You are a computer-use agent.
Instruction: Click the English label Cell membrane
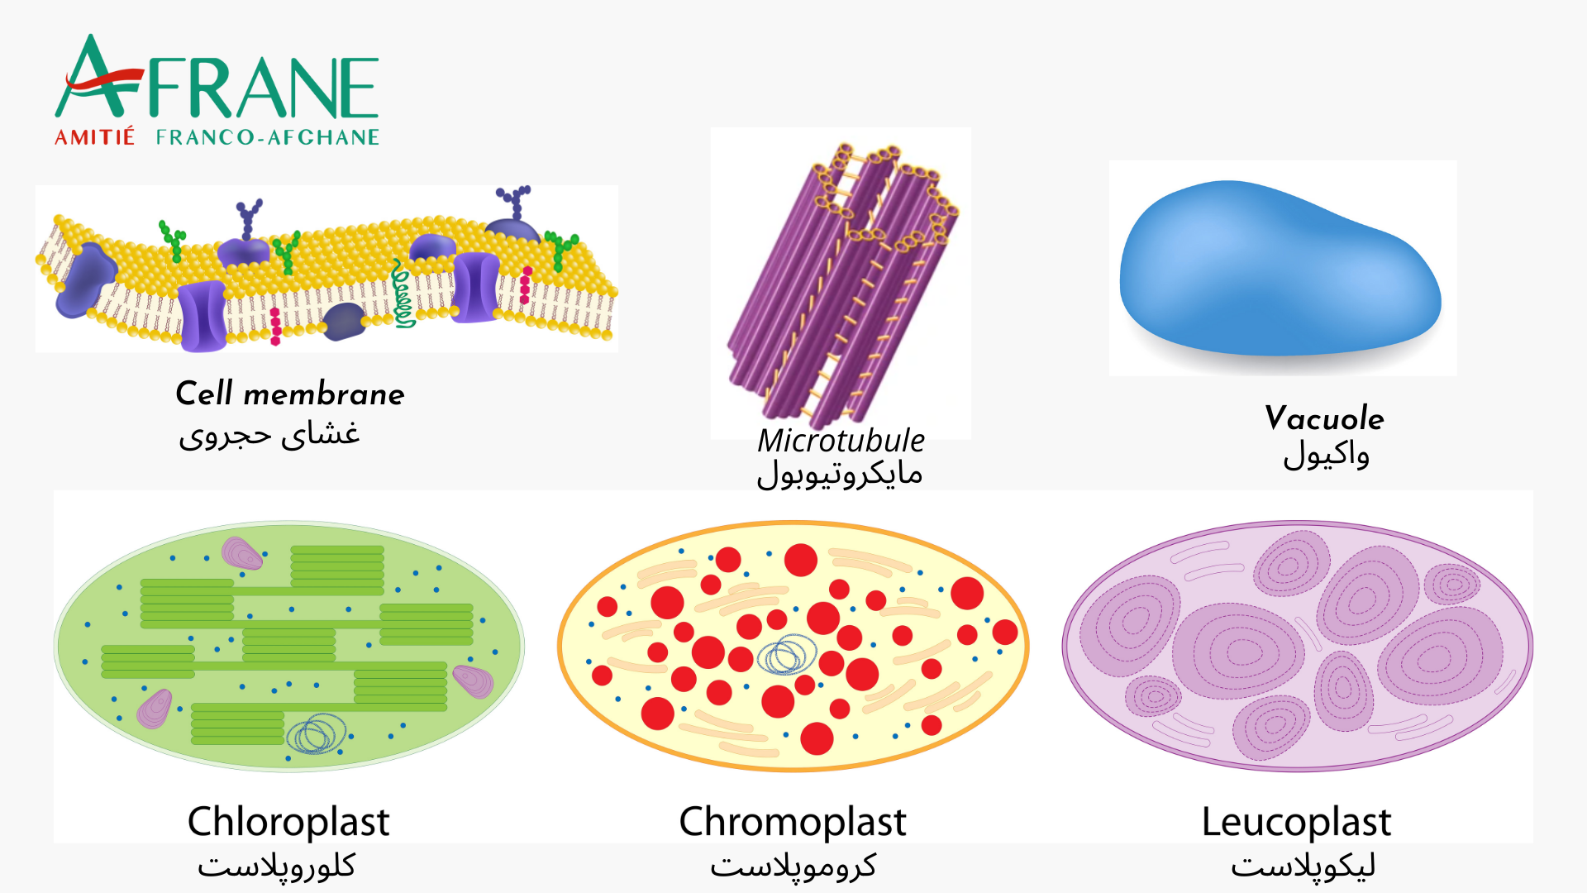(x=290, y=394)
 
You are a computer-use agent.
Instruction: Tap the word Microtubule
(x=841, y=441)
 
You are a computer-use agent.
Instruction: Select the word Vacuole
(x=1324, y=418)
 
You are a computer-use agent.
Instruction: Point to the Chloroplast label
(x=288, y=822)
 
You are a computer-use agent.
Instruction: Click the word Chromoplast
(x=793, y=822)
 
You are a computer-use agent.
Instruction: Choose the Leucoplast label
(x=1296, y=822)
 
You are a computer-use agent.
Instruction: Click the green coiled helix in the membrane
(x=403, y=295)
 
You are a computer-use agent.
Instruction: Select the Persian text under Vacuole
(x=1326, y=456)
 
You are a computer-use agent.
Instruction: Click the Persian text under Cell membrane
(x=269, y=434)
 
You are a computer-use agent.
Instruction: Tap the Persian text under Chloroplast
(x=276, y=866)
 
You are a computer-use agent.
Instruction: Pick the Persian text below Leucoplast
(x=1303, y=866)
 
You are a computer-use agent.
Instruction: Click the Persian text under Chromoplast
(x=793, y=866)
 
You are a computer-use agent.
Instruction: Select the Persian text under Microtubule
(x=840, y=474)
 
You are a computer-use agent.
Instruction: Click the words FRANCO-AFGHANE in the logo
(x=267, y=137)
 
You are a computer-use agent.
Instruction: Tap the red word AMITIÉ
(x=94, y=137)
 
